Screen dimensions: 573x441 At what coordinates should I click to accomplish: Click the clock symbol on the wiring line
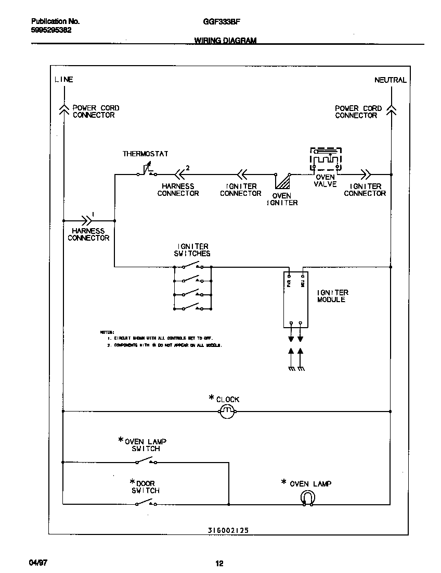tap(227, 412)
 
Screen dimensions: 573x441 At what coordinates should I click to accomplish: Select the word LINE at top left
tap(63, 80)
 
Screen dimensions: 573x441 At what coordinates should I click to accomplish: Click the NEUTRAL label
tap(390, 80)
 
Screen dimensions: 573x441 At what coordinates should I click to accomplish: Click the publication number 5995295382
tap(51, 30)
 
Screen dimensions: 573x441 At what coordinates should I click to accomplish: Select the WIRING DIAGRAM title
tap(225, 41)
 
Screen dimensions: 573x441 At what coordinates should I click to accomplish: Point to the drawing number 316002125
tap(225, 530)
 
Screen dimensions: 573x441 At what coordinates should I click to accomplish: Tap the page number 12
tap(219, 563)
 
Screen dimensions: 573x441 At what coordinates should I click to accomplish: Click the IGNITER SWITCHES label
tap(192, 250)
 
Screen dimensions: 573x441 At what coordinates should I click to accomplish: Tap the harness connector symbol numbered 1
tap(87, 220)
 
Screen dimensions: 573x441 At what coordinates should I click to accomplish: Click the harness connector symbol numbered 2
tap(180, 174)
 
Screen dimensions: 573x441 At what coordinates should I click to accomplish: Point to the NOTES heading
tap(107, 332)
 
